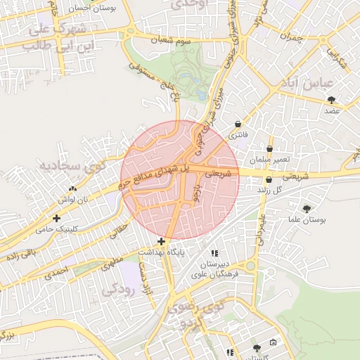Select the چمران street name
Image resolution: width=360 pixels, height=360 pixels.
(295, 36)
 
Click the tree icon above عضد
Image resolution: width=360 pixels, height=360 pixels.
(331, 100)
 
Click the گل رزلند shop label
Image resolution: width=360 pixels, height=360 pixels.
(269, 191)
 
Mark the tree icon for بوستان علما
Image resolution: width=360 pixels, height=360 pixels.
(307, 208)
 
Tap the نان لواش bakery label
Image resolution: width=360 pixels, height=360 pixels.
(74, 200)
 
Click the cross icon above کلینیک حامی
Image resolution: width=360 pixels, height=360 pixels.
(56, 218)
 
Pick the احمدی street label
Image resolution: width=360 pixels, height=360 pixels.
(58, 273)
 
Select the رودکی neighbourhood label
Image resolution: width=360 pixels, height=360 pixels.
(117, 290)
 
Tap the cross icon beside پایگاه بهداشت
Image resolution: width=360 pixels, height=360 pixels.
(161, 241)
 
